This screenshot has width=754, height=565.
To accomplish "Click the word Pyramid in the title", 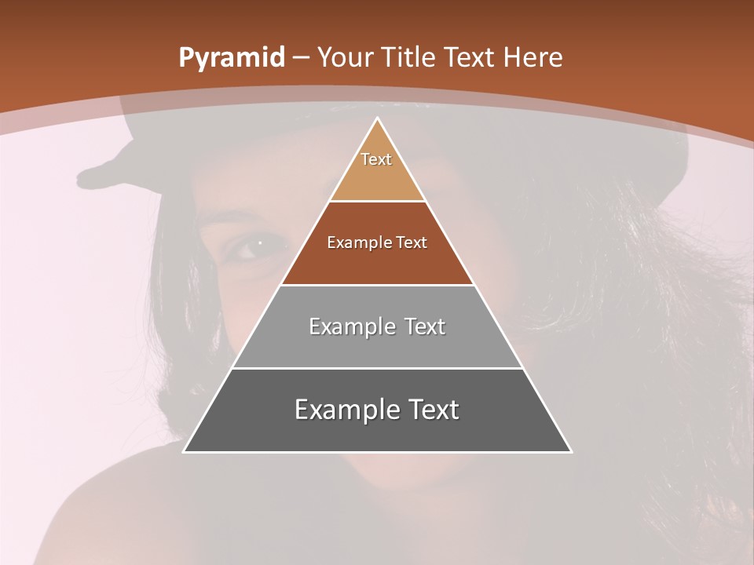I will pyautogui.click(x=232, y=58).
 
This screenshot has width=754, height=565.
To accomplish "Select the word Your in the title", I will pyautogui.click(x=345, y=58).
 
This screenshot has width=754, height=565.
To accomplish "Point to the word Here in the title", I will pyautogui.click(x=533, y=58).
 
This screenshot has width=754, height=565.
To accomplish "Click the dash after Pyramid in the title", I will pyautogui.click(x=300, y=58).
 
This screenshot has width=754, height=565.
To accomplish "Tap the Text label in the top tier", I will pyautogui.click(x=376, y=159).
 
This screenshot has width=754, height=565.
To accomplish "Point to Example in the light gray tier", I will pyautogui.click(x=350, y=326).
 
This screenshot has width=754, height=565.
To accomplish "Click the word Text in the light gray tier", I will pyautogui.click(x=425, y=326).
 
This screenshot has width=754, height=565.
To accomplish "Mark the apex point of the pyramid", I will pyautogui.click(x=377, y=118).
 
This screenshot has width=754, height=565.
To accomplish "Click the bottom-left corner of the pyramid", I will pyautogui.click(x=184, y=451).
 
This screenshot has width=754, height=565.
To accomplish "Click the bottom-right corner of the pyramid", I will pyautogui.click(x=571, y=451).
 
